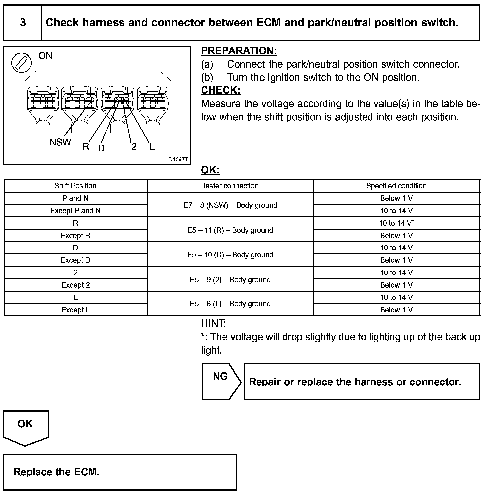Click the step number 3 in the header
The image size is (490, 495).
click(x=23, y=23)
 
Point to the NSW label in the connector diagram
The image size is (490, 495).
click(x=60, y=142)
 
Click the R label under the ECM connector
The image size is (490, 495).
click(x=86, y=146)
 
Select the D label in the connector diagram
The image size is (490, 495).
click(x=101, y=148)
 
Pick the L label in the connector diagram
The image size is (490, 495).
click(x=152, y=146)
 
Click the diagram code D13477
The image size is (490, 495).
click(x=178, y=159)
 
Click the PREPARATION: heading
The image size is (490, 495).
click(x=239, y=51)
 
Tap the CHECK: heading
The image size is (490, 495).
click(x=221, y=90)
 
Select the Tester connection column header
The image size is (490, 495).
click(x=230, y=186)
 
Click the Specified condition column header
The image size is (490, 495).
click(x=396, y=186)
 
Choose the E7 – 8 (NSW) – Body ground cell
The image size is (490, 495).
click(x=230, y=205)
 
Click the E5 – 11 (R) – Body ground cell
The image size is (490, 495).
click(x=230, y=230)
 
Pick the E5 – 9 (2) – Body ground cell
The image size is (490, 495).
click(x=230, y=280)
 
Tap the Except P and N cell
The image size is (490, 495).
click(x=75, y=211)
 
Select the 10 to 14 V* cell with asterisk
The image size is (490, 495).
click(x=396, y=223)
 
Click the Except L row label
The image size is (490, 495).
click(x=75, y=310)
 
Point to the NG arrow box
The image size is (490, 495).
click(x=221, y=381)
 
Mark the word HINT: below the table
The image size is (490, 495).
click(x=213, y=323)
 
